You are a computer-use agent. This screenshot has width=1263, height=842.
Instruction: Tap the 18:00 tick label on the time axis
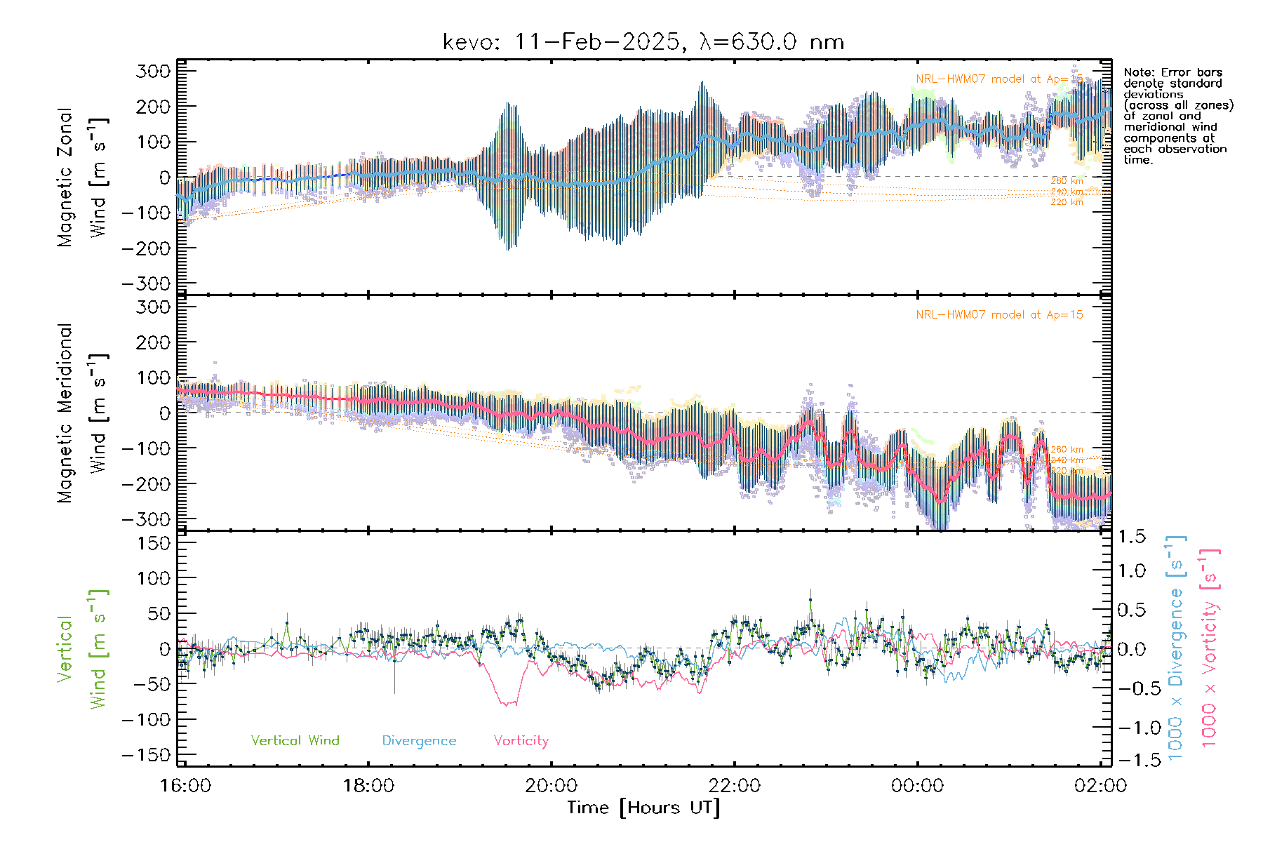tap(368, 786)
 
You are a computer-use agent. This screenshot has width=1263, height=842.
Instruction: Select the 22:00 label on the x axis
tap(734, 786)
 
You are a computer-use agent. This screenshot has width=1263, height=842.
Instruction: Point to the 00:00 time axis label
tap(917, 786)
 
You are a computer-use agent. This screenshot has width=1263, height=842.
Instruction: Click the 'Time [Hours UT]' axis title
tap(643, 808)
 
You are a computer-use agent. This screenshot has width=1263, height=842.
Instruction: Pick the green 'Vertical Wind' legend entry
tap(295, 741)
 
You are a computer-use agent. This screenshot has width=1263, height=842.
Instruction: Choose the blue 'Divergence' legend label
tap(419, 741)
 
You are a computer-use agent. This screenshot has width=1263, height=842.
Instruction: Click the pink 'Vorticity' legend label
tap(521, 741)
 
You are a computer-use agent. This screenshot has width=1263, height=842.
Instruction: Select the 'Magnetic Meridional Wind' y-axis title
tap(83, 413)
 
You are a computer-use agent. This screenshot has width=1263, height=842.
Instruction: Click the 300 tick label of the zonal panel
tap(154, 71)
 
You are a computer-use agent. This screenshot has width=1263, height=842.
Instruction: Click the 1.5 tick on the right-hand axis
tap(1131, 537)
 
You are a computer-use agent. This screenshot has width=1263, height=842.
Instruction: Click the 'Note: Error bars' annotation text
tap(1172, 72)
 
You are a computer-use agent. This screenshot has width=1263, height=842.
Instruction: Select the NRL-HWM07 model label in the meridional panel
tap(999, 315)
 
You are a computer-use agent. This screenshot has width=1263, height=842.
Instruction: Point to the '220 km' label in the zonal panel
tap(1067, 202)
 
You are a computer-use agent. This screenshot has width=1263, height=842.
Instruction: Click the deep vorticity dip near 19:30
tap(507, 702)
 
